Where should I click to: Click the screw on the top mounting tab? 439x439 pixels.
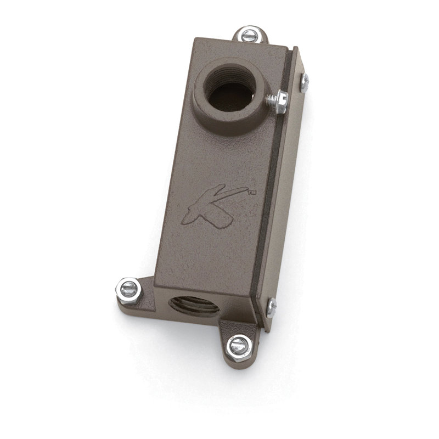[x=249, y=35]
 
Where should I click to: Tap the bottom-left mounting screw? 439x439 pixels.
[x=129, y=291]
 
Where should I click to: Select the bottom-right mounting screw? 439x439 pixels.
[x=239, y=348]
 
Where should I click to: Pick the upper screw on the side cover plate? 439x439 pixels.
[x=305, y=83]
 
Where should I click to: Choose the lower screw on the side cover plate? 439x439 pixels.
[x=271, y=308]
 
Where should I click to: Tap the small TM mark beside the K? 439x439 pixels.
[x=252, y=192]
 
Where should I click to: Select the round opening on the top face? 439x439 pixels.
[x=229, y=88]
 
